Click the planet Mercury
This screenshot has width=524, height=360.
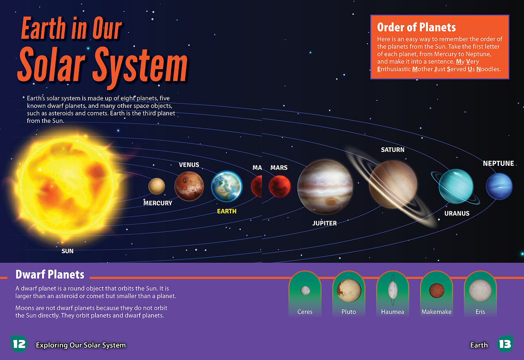click(156, 186)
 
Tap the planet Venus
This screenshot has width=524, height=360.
click(189, 186)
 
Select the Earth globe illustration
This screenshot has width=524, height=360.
click(227, 186)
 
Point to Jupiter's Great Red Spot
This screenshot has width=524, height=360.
click(330, 202)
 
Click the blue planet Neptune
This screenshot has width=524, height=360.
click(499, 186)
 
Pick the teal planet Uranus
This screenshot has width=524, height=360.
click(456, 186)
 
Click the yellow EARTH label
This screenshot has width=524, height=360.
click(227, 211)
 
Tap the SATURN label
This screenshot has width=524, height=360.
click(393, 150)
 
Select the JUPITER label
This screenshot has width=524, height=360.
click(325, 223)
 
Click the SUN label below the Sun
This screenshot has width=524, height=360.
click(68, 251)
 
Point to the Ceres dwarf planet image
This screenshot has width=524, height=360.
click(305, 290)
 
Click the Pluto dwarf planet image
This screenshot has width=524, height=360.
click(349, 290)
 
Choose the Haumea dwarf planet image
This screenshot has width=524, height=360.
click(393, 290)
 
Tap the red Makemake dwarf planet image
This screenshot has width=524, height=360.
click(436, 290)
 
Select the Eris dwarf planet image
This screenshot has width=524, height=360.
click(480, 290)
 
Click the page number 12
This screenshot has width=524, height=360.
click(19, 344)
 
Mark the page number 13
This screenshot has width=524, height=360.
click(505, 344)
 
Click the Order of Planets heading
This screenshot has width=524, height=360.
click(416, 27)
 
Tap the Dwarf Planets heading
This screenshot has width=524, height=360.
click(50, 274)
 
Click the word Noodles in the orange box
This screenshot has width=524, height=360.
click(488, 69)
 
